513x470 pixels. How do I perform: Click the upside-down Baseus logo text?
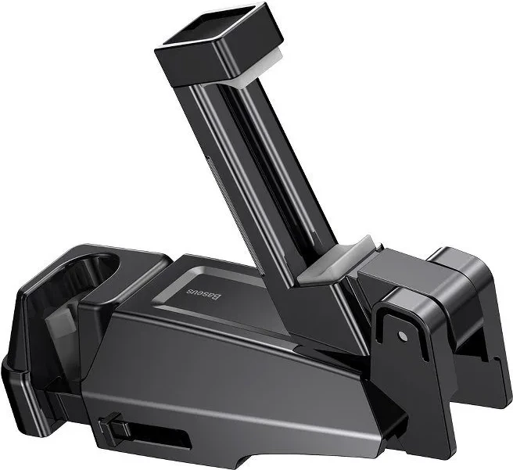click(204, 294)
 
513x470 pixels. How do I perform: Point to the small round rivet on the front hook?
click(402, 335)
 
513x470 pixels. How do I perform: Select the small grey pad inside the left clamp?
click(60, 321)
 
